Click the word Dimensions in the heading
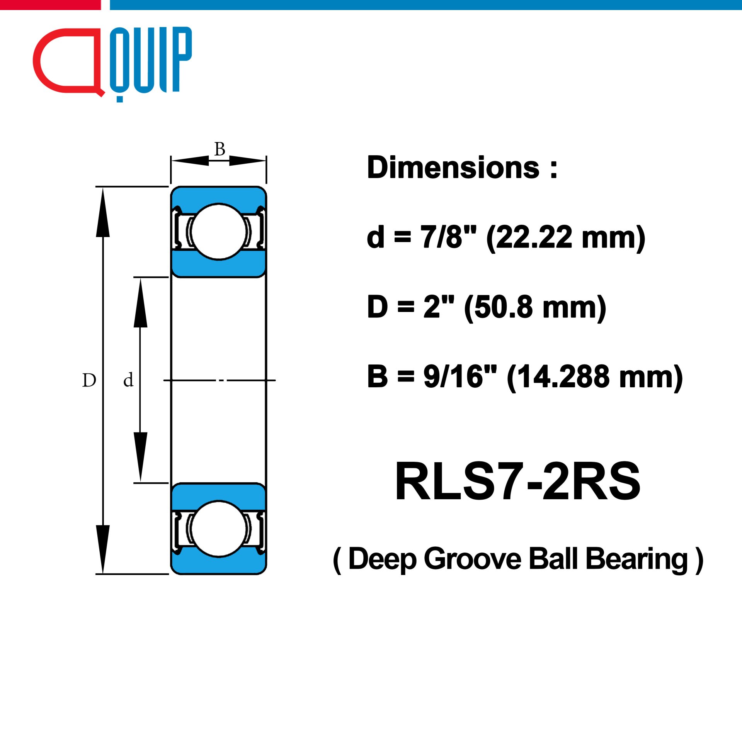click(453, 168)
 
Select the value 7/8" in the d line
click(448, 237)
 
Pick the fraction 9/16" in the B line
click(460, 376)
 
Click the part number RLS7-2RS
click(517, 481)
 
